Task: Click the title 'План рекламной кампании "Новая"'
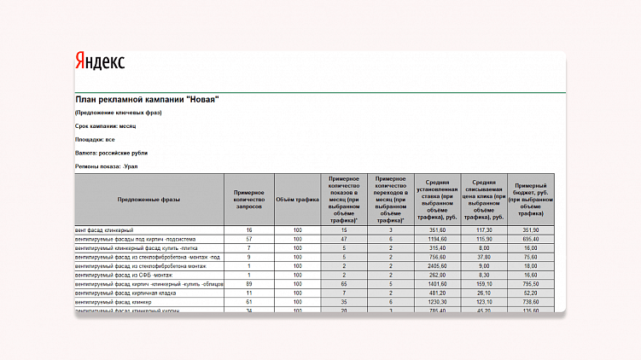click(x=147, y=99)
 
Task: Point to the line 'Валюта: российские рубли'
click(x=111, y=152)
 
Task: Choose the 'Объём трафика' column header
click(x=297, y=199)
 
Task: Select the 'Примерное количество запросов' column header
click(x=249, y=199)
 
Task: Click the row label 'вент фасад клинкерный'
click(x=104, y=230)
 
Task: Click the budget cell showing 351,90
click(x=531, y=230)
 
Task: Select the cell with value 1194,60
click(x=438, y=240)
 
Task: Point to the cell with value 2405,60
click(x=438, y=266)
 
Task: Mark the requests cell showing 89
click(x=249, y=284)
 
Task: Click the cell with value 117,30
click(x=484, y=230)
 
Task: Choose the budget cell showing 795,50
click(x=531, y=284)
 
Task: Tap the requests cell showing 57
click(x=249, y=240)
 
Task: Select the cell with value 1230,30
click(x=438, y=302)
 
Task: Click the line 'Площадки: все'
click(x=95, y=139)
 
